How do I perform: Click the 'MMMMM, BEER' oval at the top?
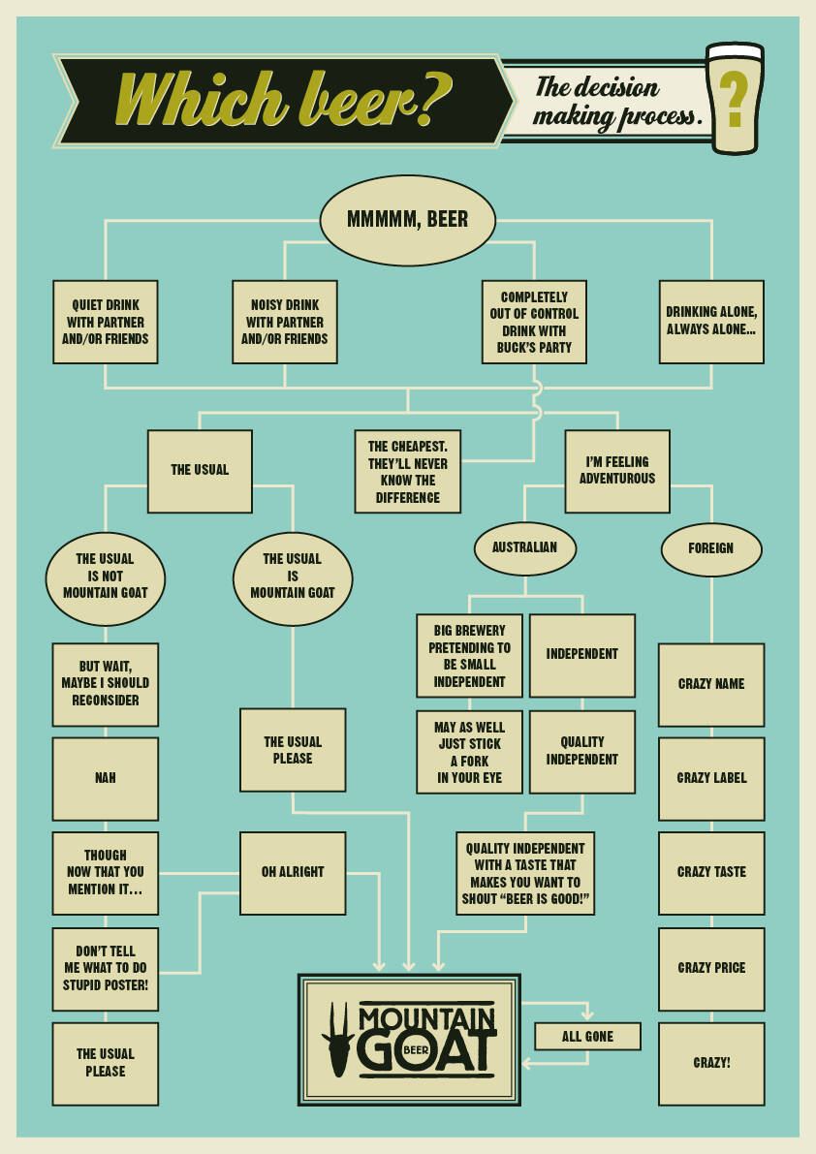point(407,220)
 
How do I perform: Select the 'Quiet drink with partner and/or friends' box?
point(106,322)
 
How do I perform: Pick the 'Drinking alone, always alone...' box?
point(711,322)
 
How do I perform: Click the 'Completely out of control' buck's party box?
point(534,322)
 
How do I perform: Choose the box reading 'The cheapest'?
point(407,471)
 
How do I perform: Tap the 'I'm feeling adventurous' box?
point(617,471)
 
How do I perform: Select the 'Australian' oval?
point(524,547)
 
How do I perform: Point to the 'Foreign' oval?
point(711,548)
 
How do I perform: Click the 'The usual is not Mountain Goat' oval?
point(106,577)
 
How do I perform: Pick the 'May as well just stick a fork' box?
point(469,752)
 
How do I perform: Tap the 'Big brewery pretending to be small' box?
point(469,655)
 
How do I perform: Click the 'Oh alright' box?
point(293,872)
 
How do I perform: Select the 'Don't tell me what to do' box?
point(106,969)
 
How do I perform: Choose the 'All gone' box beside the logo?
point(587,1036)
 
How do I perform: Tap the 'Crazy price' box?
point(711,969)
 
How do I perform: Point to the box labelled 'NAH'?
point(106,778)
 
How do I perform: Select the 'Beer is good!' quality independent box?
point(524,872)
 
